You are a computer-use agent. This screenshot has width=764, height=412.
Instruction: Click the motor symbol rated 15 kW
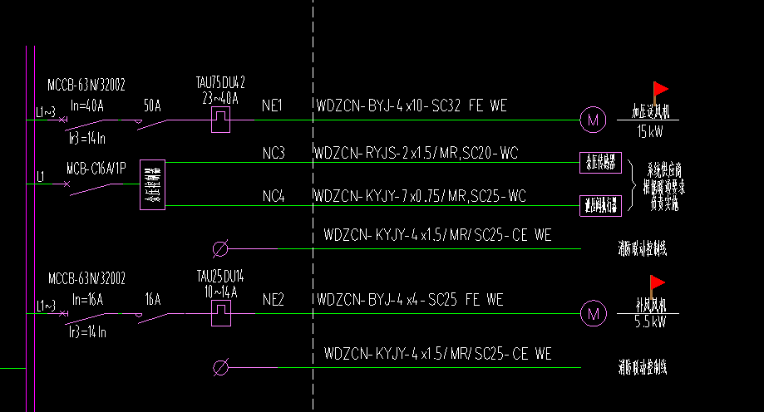tap(593, 120)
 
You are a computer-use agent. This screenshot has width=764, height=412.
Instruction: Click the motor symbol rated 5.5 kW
tap(593, 314)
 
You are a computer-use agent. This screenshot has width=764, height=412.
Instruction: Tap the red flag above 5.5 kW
tap(658, 282)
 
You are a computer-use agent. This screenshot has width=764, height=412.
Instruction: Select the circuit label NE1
tap(273, 106)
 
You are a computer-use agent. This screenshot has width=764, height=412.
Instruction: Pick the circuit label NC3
tap(273, 154)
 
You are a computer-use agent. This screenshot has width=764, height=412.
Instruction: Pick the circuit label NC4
tap(273, 197)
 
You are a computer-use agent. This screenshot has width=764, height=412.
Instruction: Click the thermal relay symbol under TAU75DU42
tap(222, 119)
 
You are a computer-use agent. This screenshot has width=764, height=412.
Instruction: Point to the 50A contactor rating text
tap(152, 106)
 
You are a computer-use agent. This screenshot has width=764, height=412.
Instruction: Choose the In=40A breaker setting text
tap(87, 105)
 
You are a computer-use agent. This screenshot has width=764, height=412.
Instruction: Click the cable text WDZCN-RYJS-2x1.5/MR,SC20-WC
tap(417, 154)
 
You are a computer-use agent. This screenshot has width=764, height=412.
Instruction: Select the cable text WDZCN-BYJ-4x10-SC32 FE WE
tap(411, 106)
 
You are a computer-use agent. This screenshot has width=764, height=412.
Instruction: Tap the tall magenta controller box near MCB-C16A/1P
tap(152, 185)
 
